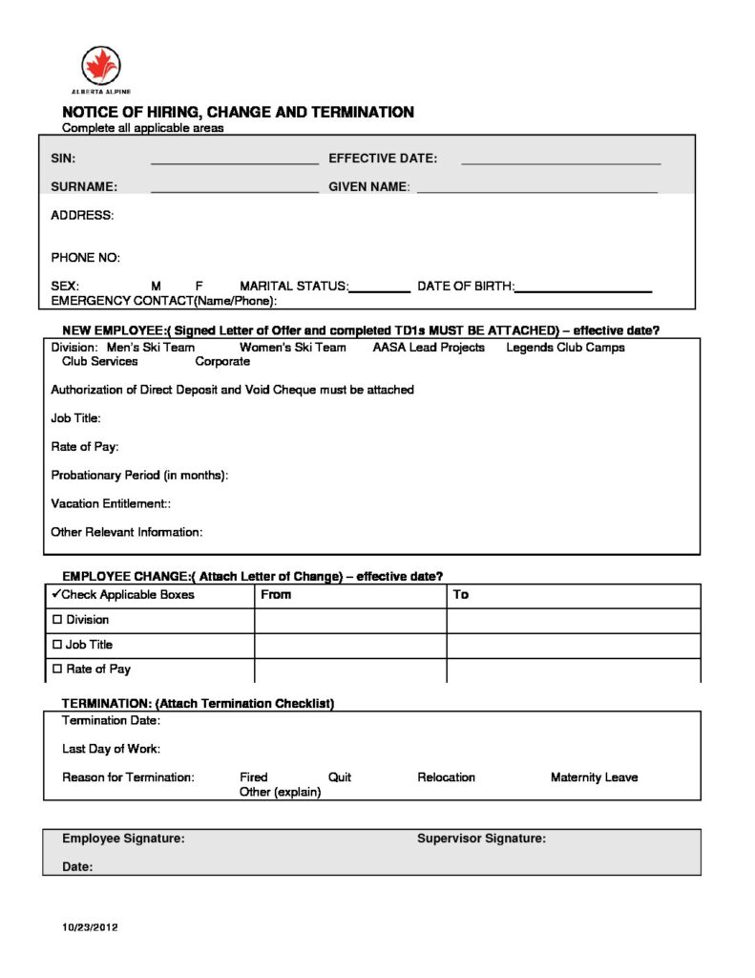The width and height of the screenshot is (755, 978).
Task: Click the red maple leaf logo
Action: point(101,66)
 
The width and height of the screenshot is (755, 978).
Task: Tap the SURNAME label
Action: point(84,186)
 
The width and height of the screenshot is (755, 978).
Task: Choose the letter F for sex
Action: point(199,286)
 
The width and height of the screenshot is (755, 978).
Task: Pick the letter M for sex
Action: point(157,286)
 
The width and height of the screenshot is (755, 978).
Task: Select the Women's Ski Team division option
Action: point(292,348)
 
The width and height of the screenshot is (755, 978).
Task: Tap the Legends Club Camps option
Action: point(565,348)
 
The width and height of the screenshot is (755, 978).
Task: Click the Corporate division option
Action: point(222,362)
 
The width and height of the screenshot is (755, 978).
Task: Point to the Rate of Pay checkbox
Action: point(57,670)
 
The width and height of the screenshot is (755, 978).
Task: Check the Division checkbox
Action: point(57,620)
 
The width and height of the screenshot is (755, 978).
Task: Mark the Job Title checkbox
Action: point(57,645)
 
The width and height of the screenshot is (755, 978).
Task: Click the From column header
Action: point(276,595)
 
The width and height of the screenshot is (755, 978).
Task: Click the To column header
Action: point(461,595)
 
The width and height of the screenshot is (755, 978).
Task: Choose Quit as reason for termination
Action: point(340,777)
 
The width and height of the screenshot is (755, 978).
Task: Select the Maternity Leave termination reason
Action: point(594,777)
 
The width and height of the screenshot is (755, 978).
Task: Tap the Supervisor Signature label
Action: point(481,839)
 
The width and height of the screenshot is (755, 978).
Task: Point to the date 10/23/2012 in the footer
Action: point(90,927)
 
